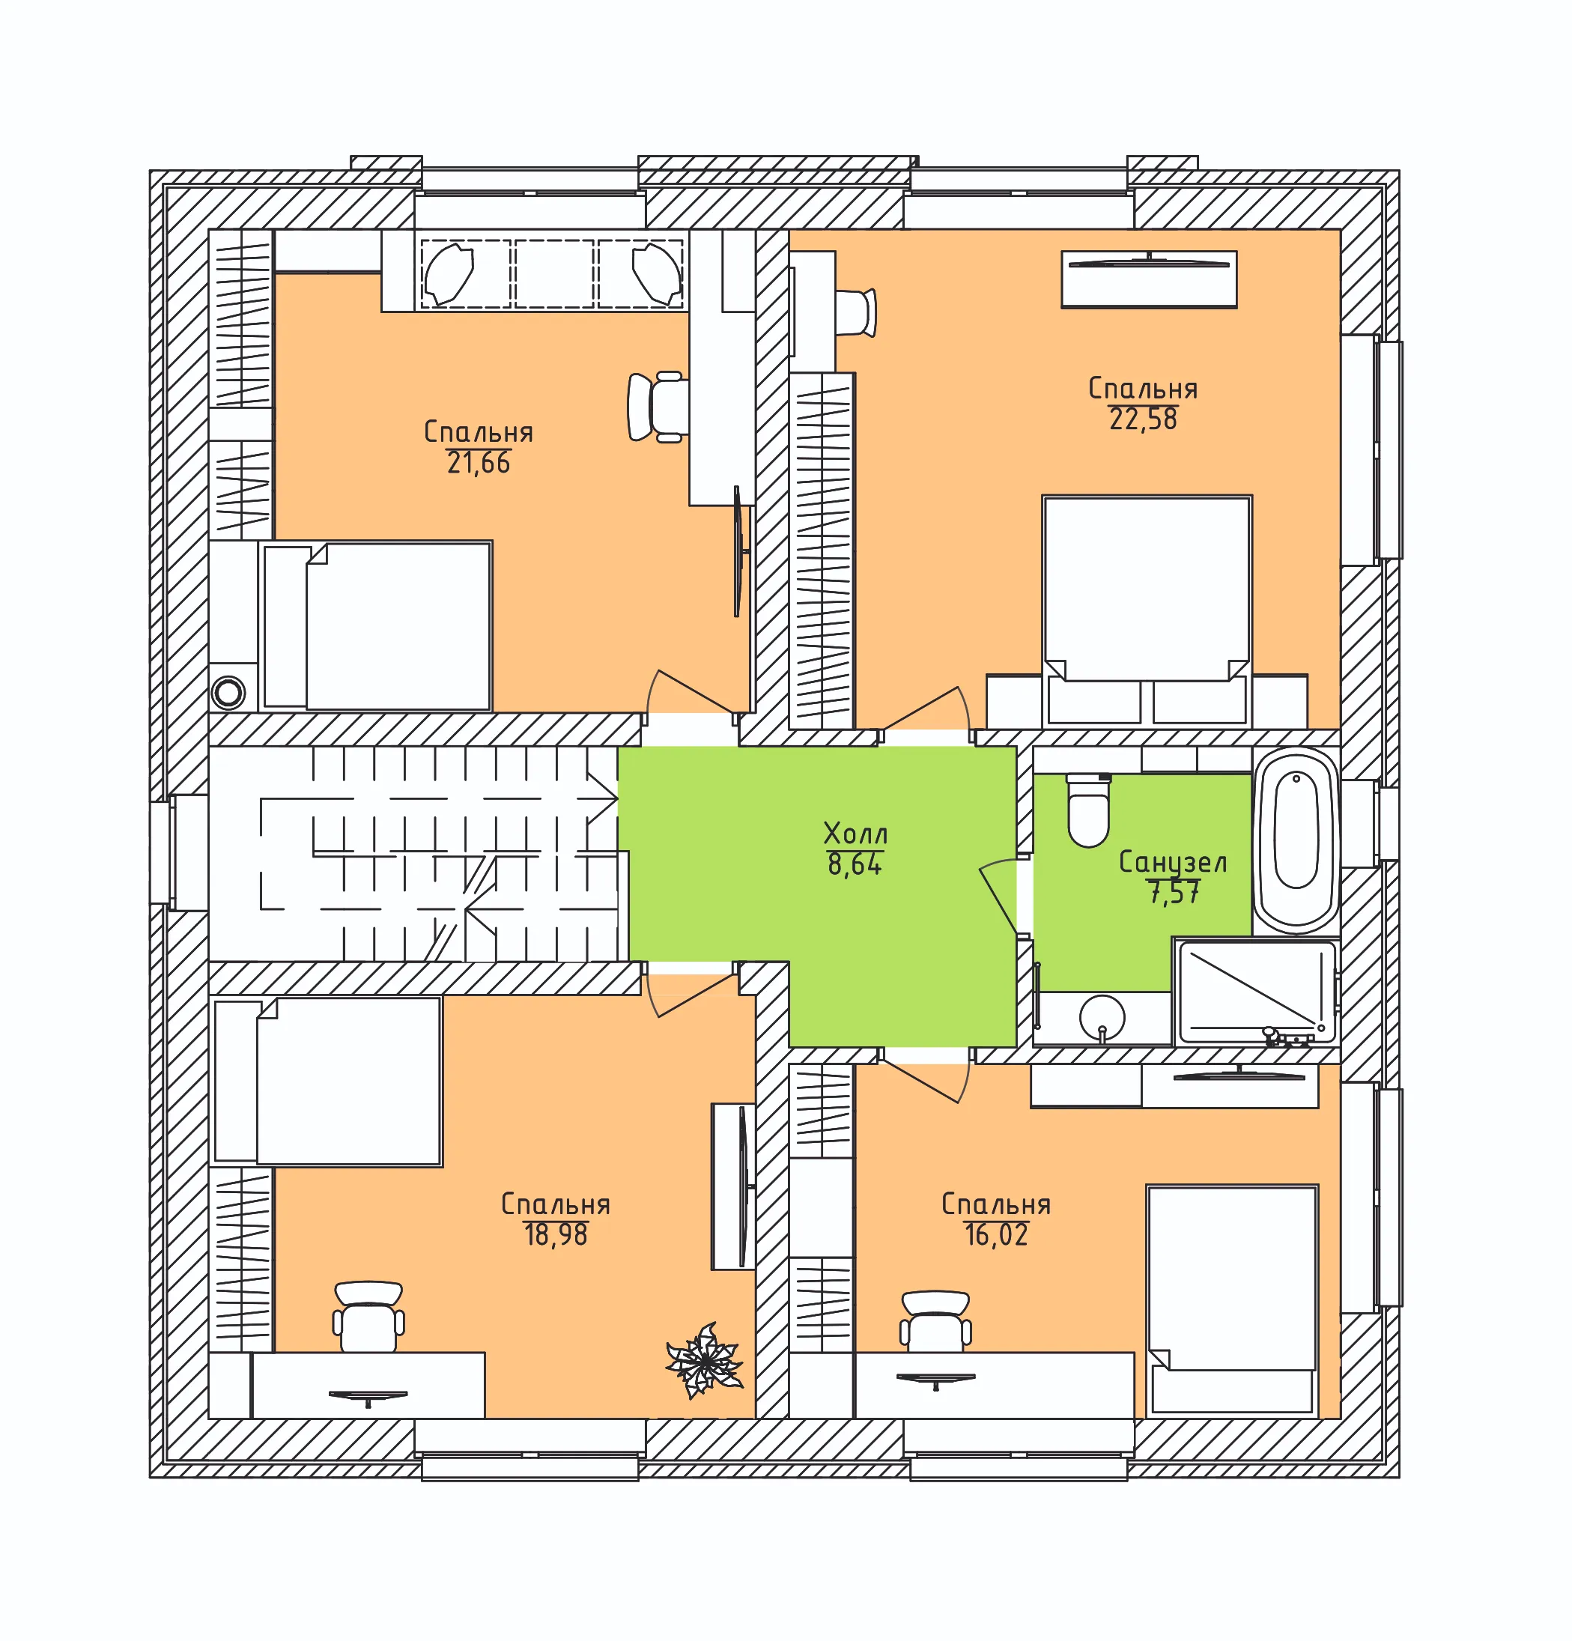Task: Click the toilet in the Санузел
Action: (x=1088, y=810)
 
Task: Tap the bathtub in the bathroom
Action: (x=1296, y=840)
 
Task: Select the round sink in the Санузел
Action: (x=1102, y=1018)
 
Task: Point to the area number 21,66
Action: (x=478, y=463)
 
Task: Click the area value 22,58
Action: (x=1143, y=419)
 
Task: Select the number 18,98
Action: (x=556, y=1234)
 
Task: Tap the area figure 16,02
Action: (x=995, y=1234)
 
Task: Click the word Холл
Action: (x=855, y=834)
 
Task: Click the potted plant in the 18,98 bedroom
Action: (x=704, y=1361)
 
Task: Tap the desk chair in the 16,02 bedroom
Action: (x=936, y=1321)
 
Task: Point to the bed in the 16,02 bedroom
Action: (x=1232, y=1300)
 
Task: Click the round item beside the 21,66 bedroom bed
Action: (x=228, y=692)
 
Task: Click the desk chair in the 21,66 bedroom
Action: (x=658, y=407)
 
